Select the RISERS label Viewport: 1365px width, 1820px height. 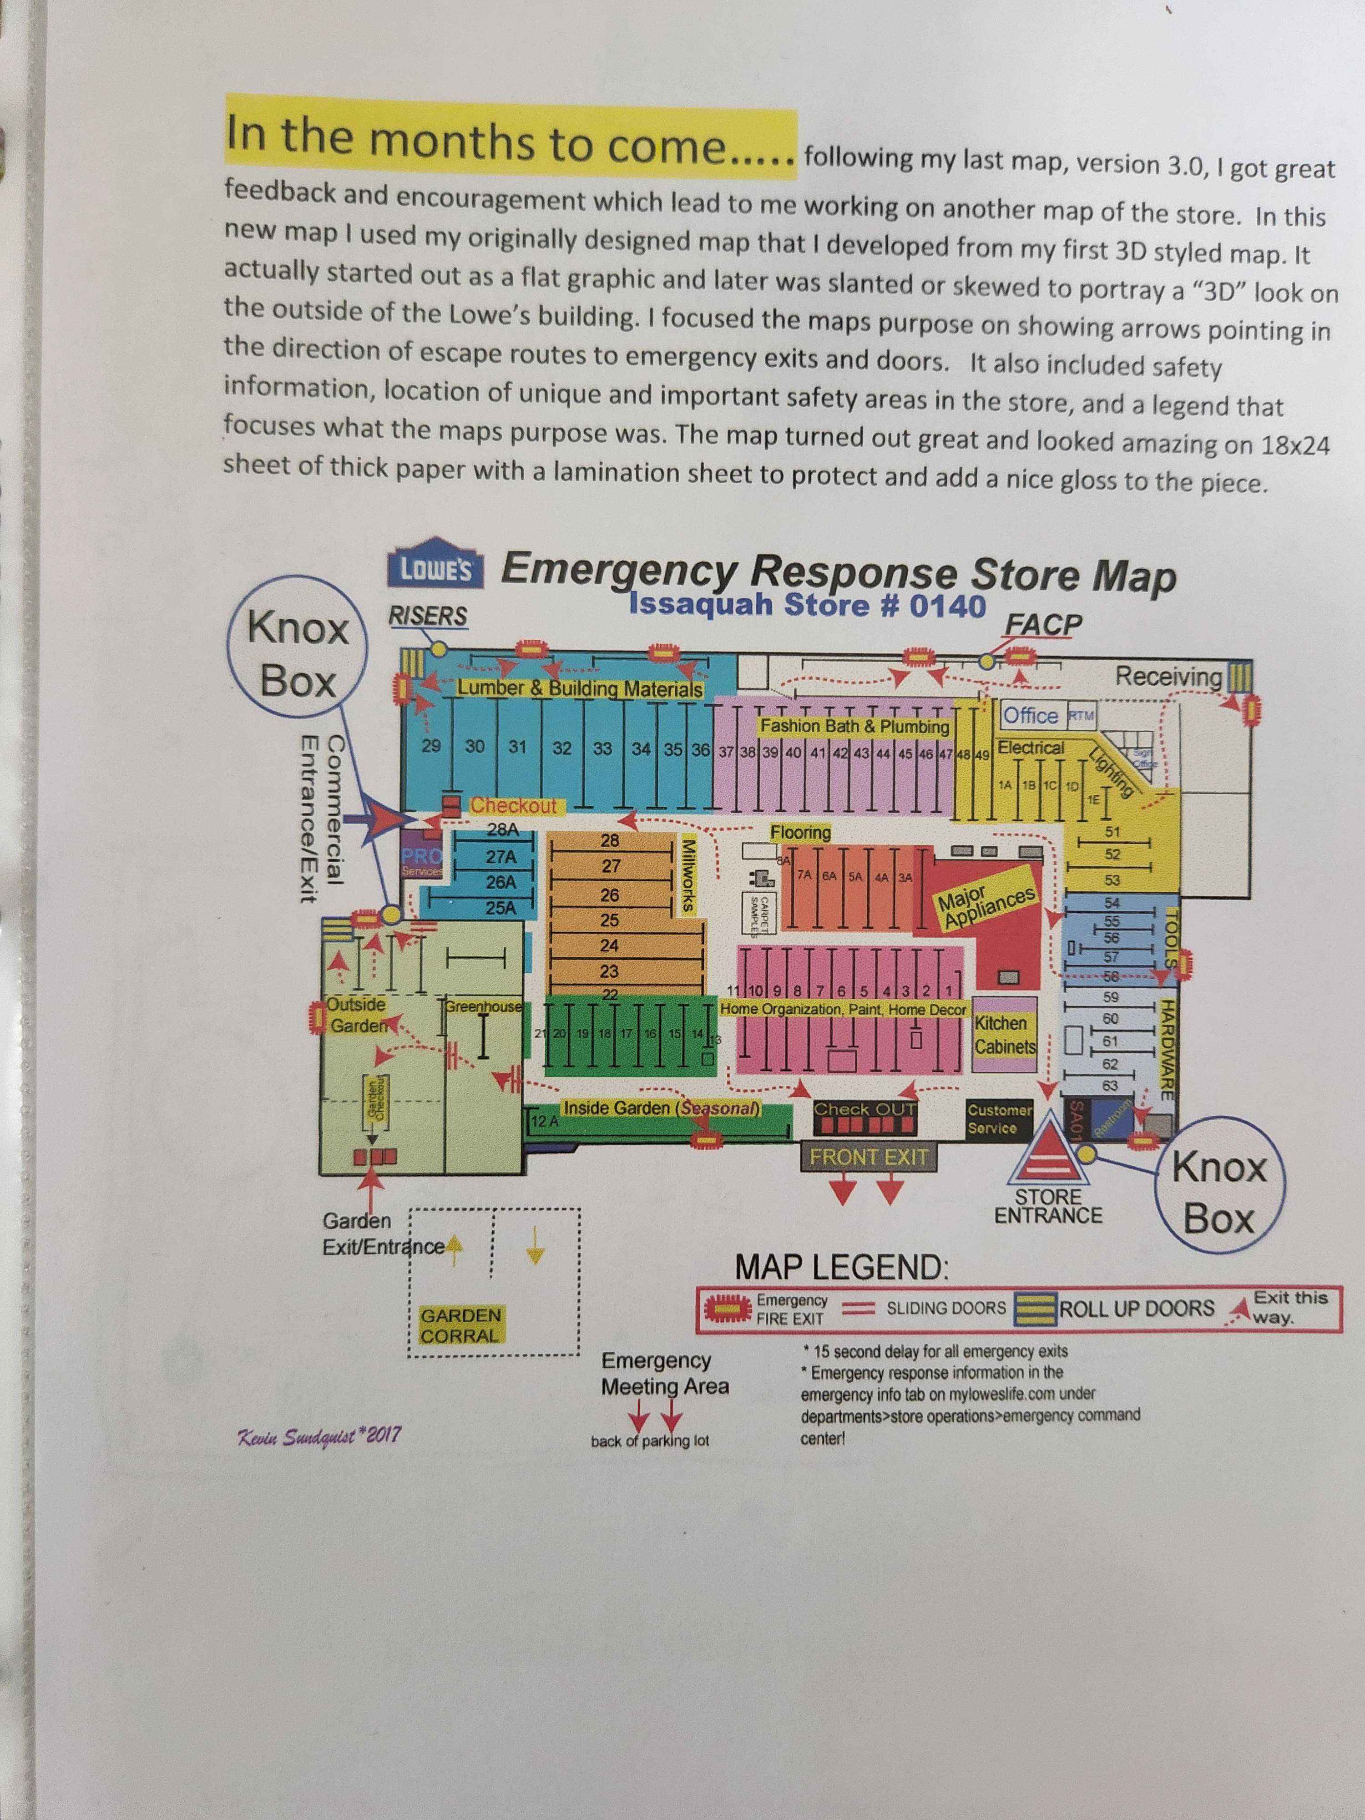click(x=427, y=616)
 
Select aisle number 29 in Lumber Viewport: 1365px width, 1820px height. click(x=430, y=746)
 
